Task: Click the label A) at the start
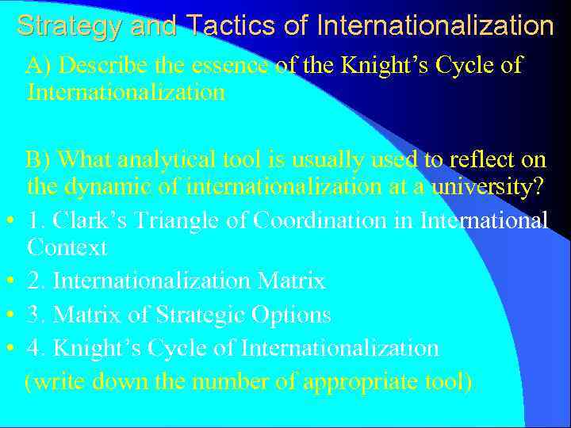click(40, 65)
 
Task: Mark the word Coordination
click(308, 220)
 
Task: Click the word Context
click(67, 248)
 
